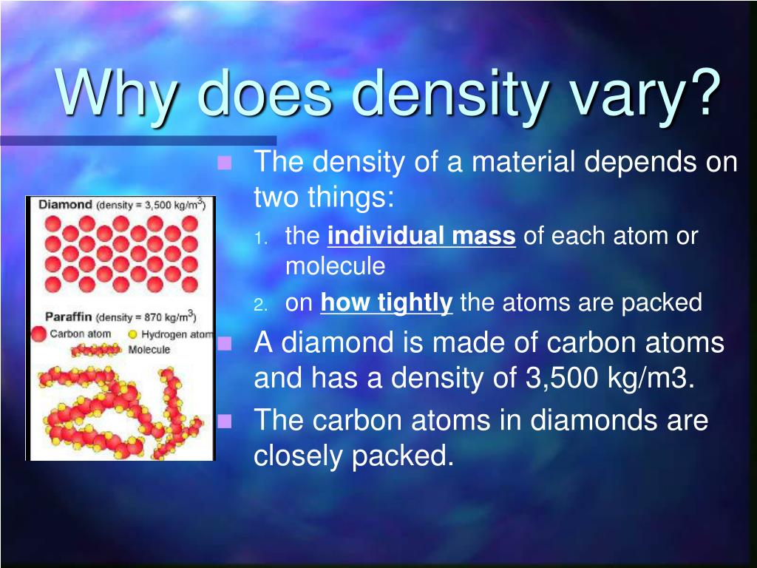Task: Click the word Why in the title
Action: [x=118, y=94]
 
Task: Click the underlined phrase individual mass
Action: [x=421, y=237]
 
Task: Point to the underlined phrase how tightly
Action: [x=386, y=303]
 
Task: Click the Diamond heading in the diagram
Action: [x=65, y=204]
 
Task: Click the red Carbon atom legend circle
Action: [x=38, y=334]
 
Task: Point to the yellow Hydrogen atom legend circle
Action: [x=133, y=334]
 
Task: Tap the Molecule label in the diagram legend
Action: [x=149, y=349]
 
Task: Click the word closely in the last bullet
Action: [x=299, y=456]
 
